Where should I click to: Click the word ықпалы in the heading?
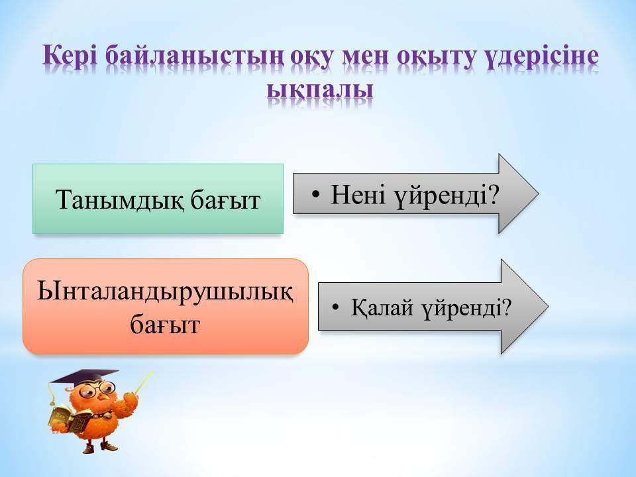pos(320,91)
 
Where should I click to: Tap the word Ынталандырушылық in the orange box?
pos(165,292)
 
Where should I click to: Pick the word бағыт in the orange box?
pos(165,325)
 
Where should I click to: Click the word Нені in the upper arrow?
pos(358,194)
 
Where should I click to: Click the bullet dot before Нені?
pos(317,195)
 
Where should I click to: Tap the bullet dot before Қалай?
pos(335,308)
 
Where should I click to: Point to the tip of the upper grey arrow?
pos(538,193)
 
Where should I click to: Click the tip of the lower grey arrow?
pos(549,306)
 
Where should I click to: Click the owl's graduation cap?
pos(84,376)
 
